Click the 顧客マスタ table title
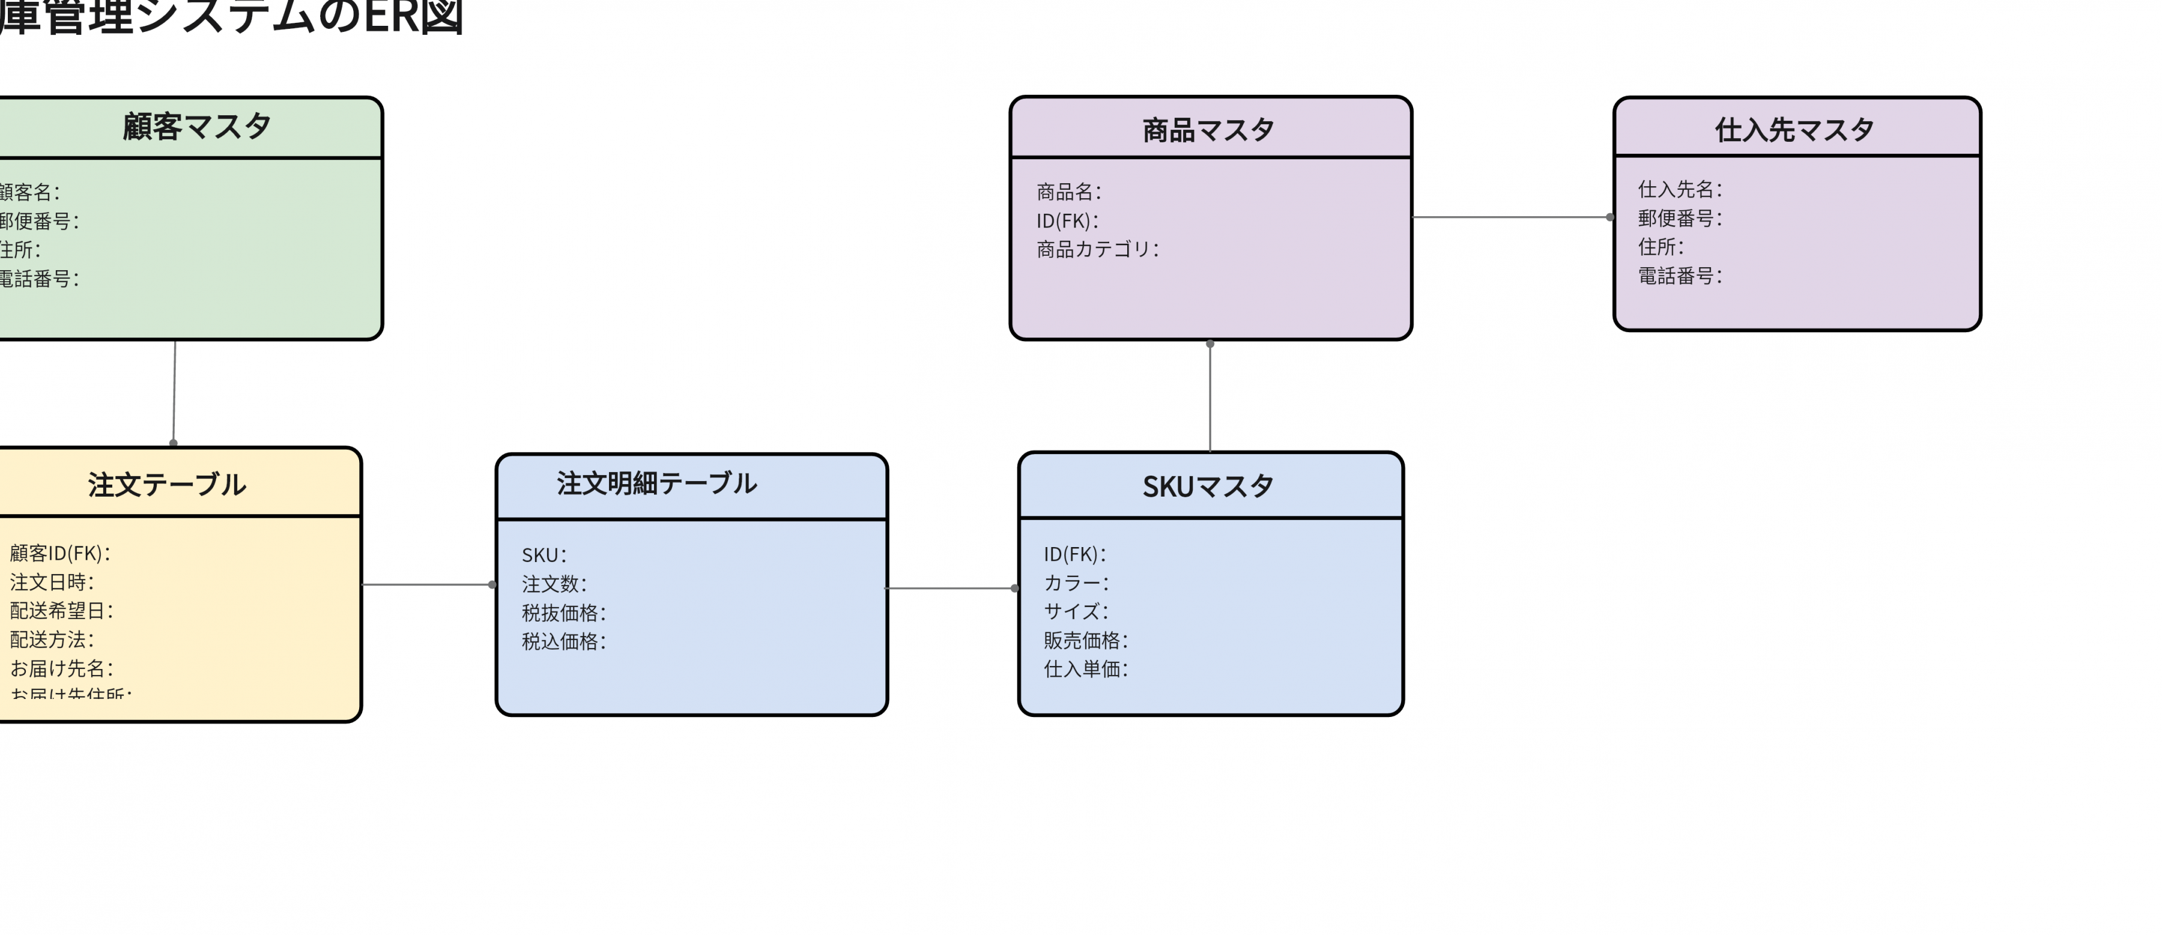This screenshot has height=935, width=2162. pyautogui.click(x=196, y=127)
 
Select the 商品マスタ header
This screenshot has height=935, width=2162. pyautogui.click(x=1208, y=130)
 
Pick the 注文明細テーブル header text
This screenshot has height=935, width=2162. pyautogui.click(x=656, y=483)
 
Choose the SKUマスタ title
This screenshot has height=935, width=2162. pyautogui.click(x=1208, y=486)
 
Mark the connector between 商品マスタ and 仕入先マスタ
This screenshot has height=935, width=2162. pyautogui.click(x=1511, y=217)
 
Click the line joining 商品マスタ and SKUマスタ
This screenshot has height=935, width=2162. pyautogui.click(x=1210, y=396)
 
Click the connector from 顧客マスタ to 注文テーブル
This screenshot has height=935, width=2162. pyautogui.click(x=174, y=391)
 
